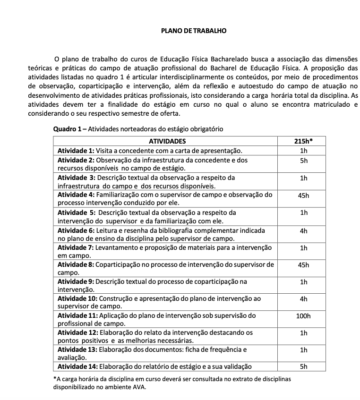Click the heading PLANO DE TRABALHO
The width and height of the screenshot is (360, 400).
pyautogui.click(x=194, y=31)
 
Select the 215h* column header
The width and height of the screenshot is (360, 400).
pyautogui.click(x=304, y=141)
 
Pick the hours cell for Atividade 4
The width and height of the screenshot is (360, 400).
pyautogui.click(x=304, y=196)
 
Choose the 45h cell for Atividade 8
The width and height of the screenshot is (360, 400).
pyautogui.click(x=304, y=265)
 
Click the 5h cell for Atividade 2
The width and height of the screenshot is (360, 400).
pyautogui.click(x=304, y=161)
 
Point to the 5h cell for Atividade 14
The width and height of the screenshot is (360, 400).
pyautogui.click(x=304, y=366)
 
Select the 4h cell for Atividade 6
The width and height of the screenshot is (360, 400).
pyautogui.click(x=304, y=230)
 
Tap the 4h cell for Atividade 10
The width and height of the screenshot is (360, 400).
pyautogui.click(x=304, y=299)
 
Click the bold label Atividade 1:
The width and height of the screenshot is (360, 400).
pyautogui.click(x=76, y=151)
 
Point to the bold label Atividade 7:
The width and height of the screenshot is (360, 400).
pyautogui.click(x=76, y=247)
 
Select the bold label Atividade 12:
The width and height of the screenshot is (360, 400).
pyautogui.click(x=77, y=332)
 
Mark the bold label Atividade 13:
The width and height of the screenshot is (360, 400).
pyautogui.click(x=77, y=350)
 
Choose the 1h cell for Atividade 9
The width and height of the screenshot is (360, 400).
pyautogui.click(x=304, y=282)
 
